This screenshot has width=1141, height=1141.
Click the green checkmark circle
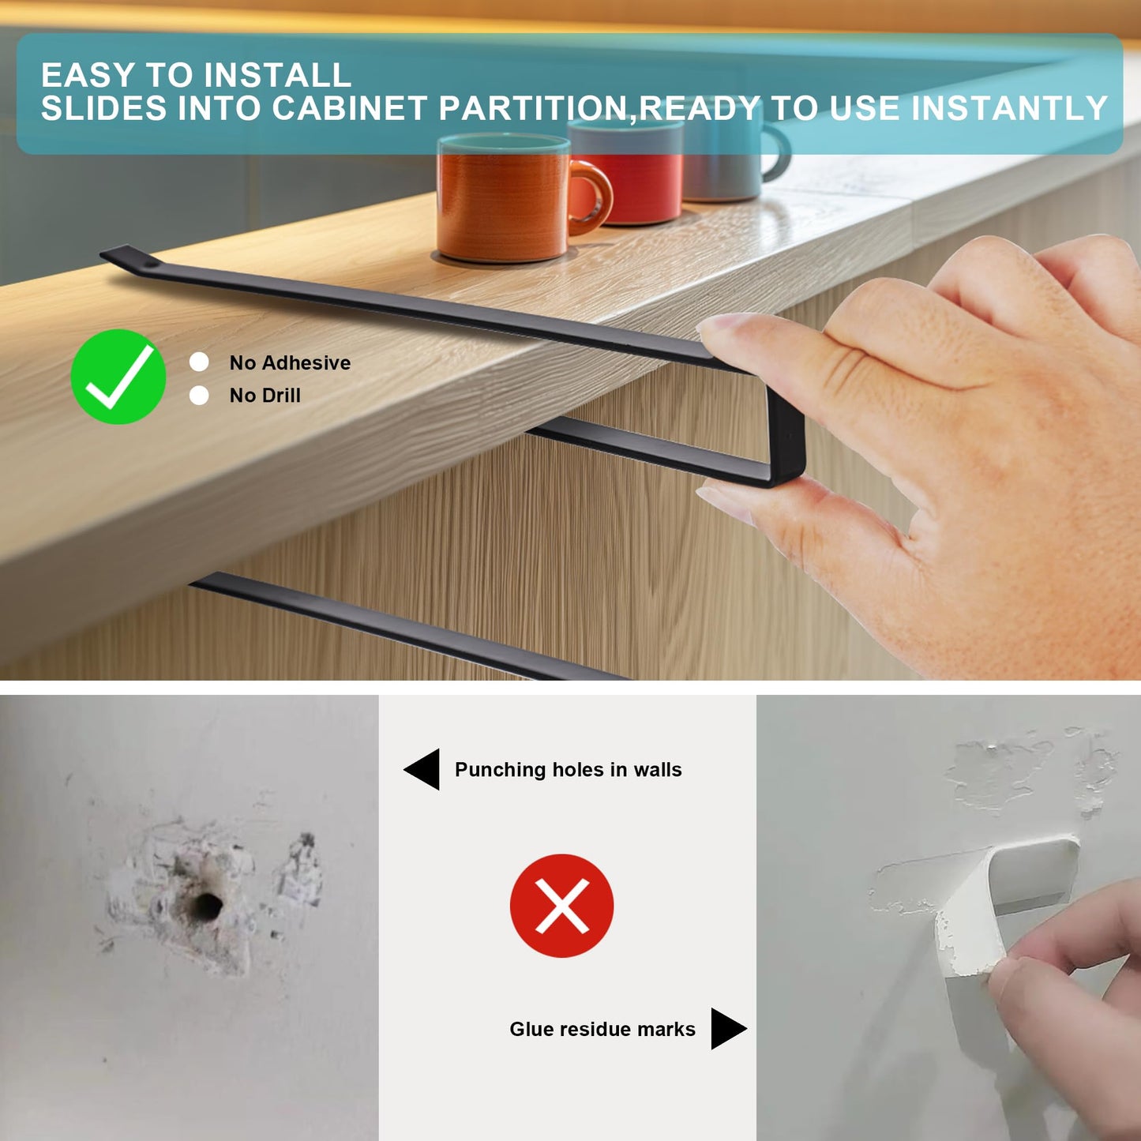(x=118, y=377)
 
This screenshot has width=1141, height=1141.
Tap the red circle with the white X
(x=561, y=906)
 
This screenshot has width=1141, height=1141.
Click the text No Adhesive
(x=290, y=362)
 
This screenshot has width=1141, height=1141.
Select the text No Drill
(x=265, y=395)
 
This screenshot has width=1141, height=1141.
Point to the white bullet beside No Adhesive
(x=199, y=362)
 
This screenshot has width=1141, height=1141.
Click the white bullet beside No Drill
(x=199, y=395)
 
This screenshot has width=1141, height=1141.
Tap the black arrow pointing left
(x=422, y=769)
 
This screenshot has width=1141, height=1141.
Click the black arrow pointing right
(x=729, y=1029)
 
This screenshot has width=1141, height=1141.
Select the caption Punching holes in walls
(x=569, y=769)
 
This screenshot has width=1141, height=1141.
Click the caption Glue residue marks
(x=602, y=1029)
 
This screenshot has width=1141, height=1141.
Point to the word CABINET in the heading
(x=349, y=108)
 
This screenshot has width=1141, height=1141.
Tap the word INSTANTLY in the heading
(x=1009, y=108)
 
